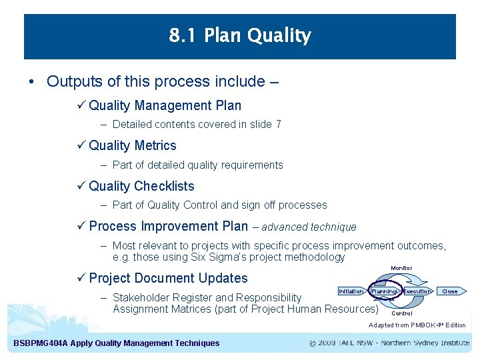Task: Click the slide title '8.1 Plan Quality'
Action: click(x=240, y=35)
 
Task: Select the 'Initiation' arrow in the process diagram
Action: click(x=351, y=291)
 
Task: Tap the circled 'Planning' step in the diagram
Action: click(x=384, y=291)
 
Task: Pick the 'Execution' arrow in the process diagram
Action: click(x=417, y=291)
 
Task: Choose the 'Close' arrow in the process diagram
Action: click(x=451, y=291)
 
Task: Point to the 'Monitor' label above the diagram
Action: click(x=401, y=268)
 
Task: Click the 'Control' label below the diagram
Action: click(x=401, y=313)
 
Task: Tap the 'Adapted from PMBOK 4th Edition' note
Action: click(x=417, y=325)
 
